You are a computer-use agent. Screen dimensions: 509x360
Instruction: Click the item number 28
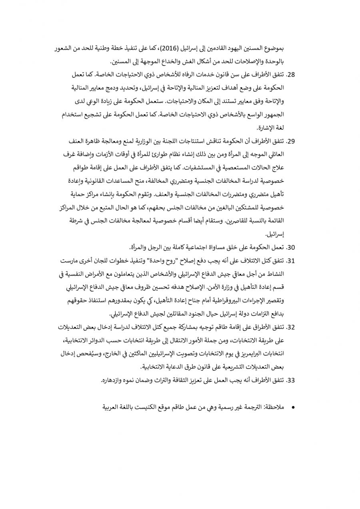click(x=292, y=75)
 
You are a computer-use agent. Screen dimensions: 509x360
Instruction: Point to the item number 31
click(x=292, y=261)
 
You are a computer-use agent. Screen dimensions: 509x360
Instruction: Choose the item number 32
click(x=292, y=327)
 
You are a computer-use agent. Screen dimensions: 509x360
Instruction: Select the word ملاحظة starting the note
click(x=274, y=407)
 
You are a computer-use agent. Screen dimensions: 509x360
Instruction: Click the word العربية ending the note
click(x=114, y=407)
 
